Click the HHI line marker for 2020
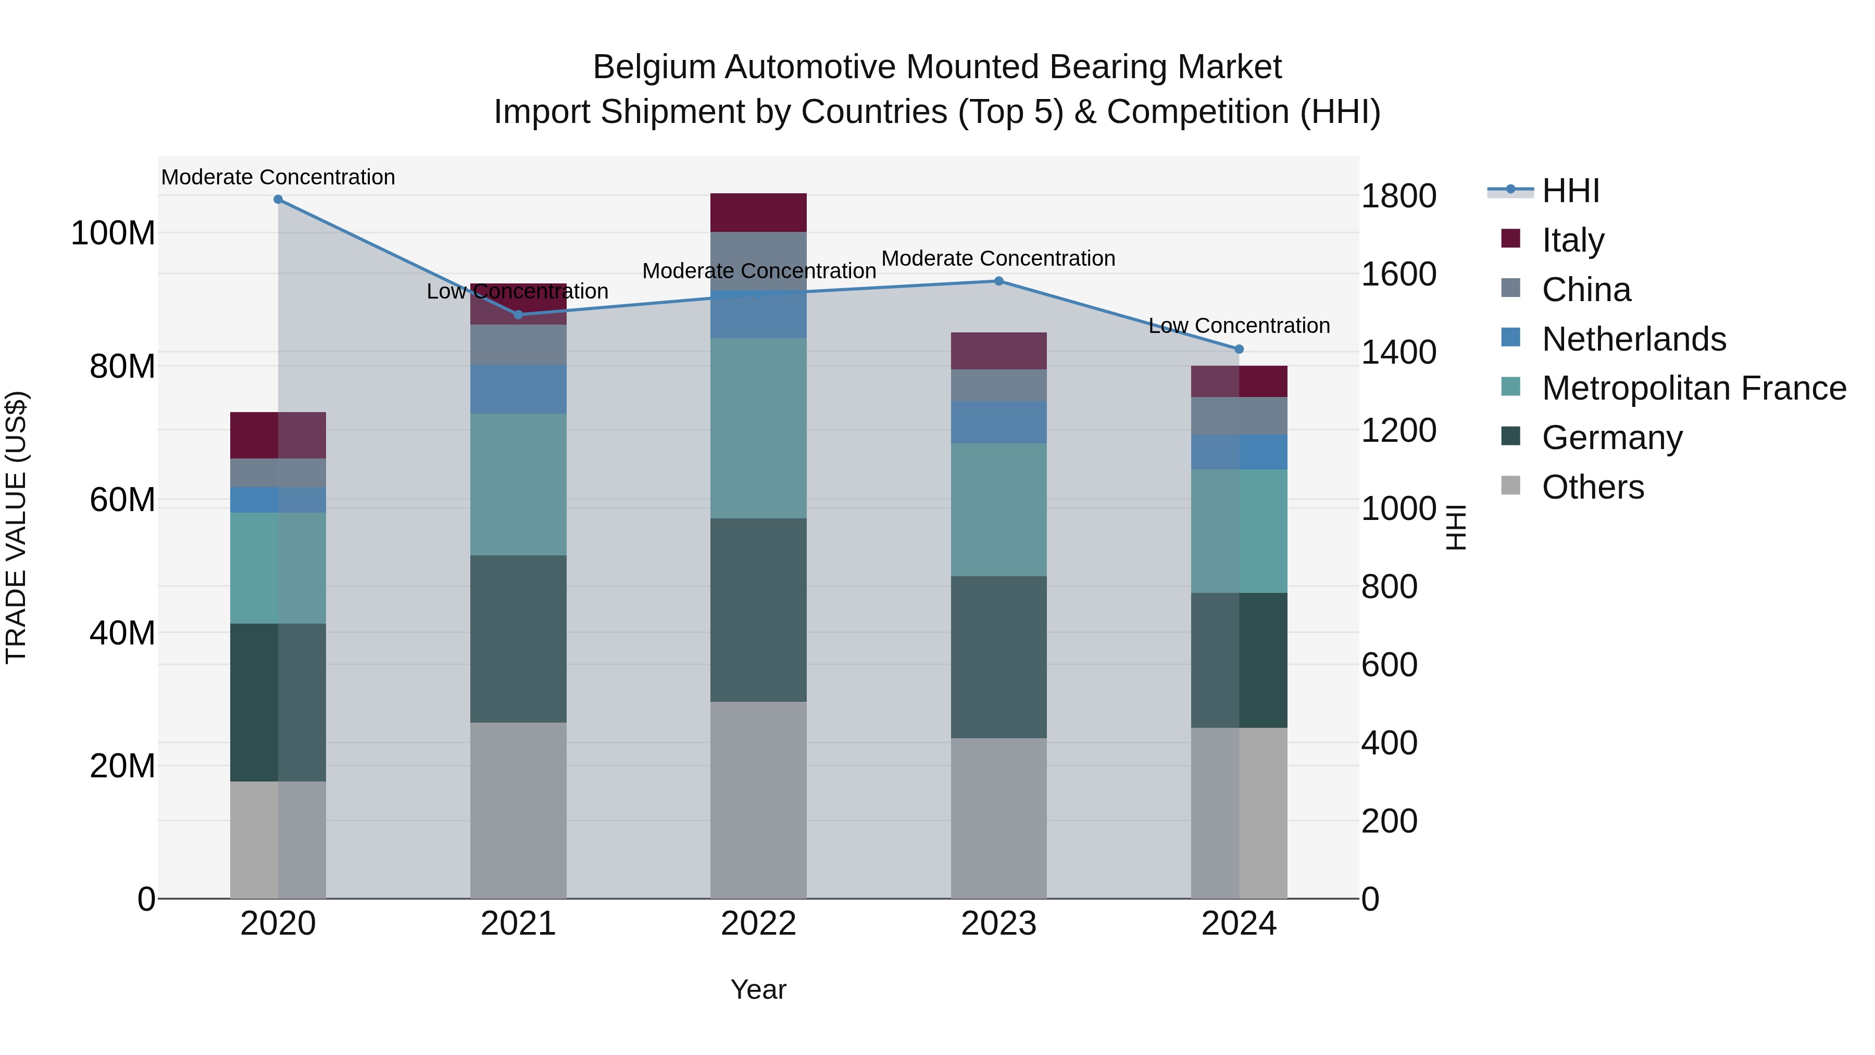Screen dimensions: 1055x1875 coord(278,200)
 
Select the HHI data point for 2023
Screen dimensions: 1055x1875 coord(998,281)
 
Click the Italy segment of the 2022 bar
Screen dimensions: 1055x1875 coord(758,213)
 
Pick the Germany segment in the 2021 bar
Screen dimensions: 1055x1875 coord(518,639)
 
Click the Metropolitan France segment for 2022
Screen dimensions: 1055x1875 coord(758,428)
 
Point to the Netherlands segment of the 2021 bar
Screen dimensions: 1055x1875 coord(518,390)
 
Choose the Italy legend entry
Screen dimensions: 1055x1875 coord(1573,240)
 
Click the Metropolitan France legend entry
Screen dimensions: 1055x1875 coord(1694,388)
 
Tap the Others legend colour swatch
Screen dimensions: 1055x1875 coord(1510,486)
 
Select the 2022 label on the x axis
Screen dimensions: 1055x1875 coord(758,924)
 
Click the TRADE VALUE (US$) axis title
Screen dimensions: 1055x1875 coord(16,527)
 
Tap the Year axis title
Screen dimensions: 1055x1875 coord(758,989)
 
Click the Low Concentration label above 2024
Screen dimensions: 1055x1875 coord(1239,326)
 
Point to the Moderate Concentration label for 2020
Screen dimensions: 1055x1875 coord(278,177)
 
